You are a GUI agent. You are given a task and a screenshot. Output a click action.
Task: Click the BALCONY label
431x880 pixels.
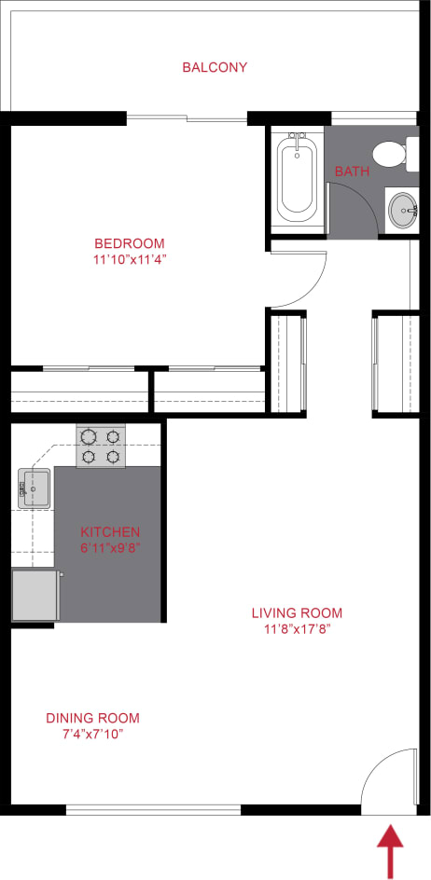click(x=215, y=67)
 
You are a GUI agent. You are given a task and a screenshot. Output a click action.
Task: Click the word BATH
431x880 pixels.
click(x=352, y=172)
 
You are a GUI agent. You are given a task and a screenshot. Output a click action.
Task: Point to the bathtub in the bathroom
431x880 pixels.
click(x=297, y=180)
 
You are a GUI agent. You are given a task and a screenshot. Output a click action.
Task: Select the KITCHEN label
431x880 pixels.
click(x=110, y=532)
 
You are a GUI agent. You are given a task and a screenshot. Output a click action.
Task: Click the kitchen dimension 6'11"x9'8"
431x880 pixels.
click(x=110, y=548)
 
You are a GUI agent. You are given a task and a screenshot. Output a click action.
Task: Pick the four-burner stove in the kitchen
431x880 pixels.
click(x=101, y=446)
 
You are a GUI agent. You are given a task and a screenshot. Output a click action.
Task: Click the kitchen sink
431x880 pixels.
click(x=35, y=488)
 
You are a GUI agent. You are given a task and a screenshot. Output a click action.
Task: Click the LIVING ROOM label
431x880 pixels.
click(x=297, y=612)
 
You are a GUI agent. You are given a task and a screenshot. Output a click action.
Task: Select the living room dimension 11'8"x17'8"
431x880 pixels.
click(x=297, y=628)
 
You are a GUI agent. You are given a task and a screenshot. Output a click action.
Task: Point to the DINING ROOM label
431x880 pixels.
click(x=92, y=718)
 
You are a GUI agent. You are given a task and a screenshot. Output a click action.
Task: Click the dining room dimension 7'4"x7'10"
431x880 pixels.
click(x=92, y=734)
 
